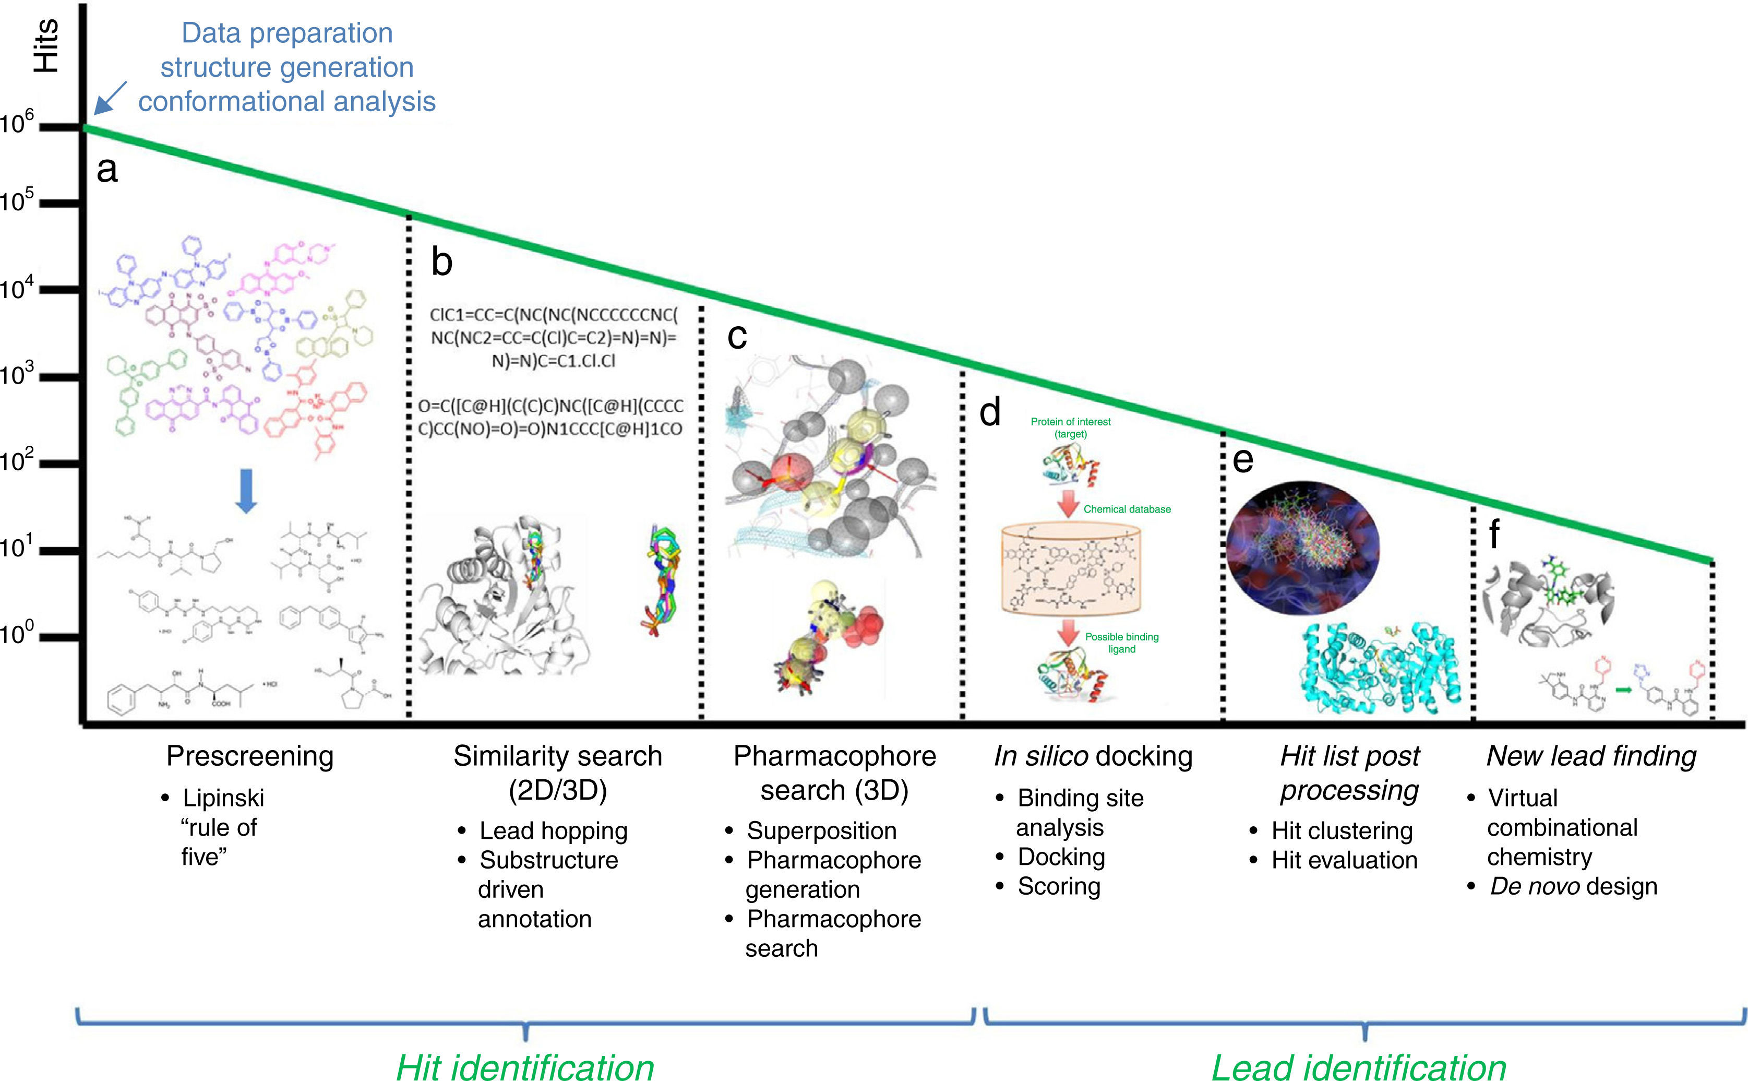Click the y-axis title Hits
tap(46, 46)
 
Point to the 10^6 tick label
tap(17, 123)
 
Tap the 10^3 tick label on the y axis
tap(17, 374)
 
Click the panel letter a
tap(106, 170)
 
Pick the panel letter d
tap(989, 412)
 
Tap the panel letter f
tap(1493, 534)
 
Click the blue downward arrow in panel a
tap(246, 491)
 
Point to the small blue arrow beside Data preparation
tap(110, 98)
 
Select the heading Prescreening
tap(249, 756)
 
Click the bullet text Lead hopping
tap(553, 831)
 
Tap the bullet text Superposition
tap(821, 831)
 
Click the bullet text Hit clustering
tap(1342, 831)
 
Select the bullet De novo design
tap(1573, 886)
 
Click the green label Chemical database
tap(1127, 509)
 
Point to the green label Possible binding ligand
tap(1121, 643)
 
